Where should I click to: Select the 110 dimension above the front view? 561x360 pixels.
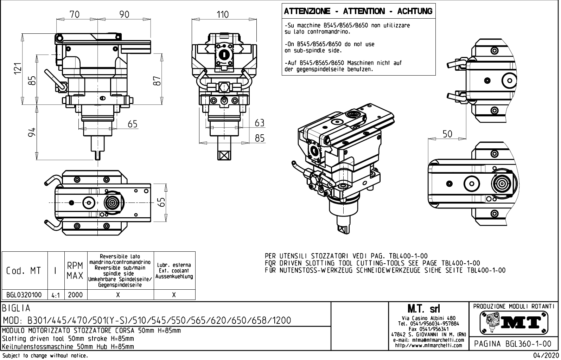(x=222, y=14)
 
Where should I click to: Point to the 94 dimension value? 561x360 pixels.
(x=32, y=132)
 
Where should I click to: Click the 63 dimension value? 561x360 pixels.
(x=260, y=123)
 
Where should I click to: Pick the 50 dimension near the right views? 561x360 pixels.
(x=447, y=134)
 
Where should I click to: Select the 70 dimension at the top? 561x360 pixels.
(x=75, y=14)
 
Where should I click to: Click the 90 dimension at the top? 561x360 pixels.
(x=124, y=14)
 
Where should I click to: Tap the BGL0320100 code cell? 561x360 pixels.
(x=24, y=295)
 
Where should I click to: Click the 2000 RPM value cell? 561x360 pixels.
(x=75, y=295)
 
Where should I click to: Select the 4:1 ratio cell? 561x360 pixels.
(x=56, y=295)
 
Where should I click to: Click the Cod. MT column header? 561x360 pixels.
(x=24, y=271)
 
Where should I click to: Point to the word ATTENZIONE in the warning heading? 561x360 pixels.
(x=307, y=11)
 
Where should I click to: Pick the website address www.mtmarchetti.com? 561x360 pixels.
(x=428, y=345)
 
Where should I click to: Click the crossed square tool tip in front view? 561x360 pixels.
(x=223, y=155)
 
